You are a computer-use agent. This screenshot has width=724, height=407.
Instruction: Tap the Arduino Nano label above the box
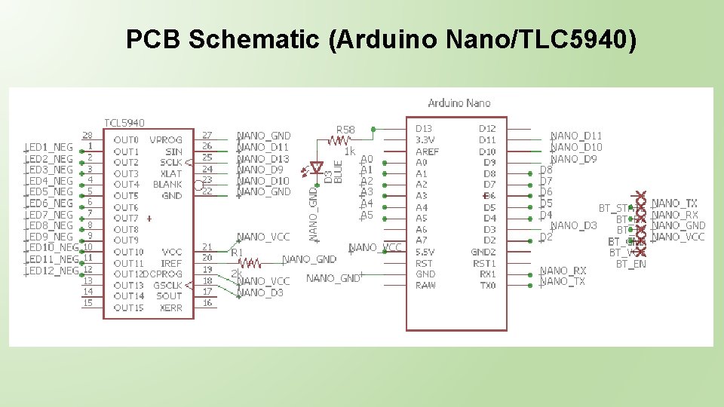point(459,103)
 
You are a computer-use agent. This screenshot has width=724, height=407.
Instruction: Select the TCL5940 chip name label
point(124,122)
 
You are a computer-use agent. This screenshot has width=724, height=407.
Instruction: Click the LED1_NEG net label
point(51,147)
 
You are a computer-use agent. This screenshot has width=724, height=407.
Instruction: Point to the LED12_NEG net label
point(54,270)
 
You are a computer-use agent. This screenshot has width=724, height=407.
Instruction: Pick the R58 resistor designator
point(345,130)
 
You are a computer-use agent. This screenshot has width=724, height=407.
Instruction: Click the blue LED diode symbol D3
point(317,168)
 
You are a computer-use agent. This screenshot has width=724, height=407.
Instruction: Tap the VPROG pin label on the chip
point(165,140)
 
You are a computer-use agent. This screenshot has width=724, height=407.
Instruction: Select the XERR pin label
point(170,308)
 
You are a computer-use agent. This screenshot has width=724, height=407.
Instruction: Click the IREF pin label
point(171,263)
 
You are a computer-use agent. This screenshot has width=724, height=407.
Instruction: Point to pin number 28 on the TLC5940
point(87,135)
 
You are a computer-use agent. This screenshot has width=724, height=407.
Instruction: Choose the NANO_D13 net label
point(263,158)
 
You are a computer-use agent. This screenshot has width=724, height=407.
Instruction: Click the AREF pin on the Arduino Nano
point(427,151)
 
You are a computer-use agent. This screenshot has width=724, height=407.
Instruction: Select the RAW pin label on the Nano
point(425,286)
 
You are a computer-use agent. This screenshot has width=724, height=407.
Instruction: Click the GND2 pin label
point(483,252)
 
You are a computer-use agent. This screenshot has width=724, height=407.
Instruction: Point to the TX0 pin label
point(487,286)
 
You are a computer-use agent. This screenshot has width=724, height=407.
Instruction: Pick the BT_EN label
point(631,264)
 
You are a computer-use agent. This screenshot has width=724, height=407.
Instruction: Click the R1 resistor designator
point(237,252)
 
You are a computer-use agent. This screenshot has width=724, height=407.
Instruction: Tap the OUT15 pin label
point(128,308)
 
